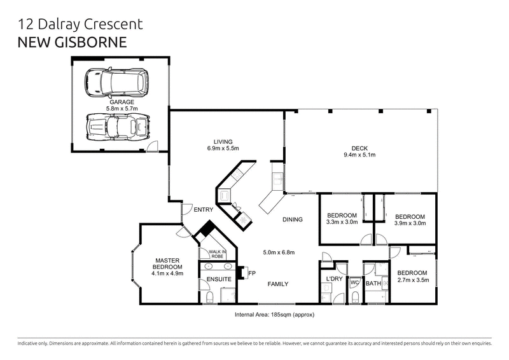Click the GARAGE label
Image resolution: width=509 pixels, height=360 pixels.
point(121,102)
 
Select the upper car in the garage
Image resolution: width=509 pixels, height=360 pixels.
point(117,81)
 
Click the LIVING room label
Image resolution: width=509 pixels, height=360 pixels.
point(222,141)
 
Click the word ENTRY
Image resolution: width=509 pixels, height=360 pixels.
point(204,209)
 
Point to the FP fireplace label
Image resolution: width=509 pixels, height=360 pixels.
point(251,273)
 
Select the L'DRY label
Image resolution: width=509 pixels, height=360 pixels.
point(335,280)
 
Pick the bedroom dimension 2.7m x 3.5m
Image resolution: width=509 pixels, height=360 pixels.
point(413,279)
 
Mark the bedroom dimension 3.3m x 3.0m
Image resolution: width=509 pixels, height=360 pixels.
point(342,223)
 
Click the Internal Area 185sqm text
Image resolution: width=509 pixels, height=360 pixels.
point(275,314)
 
